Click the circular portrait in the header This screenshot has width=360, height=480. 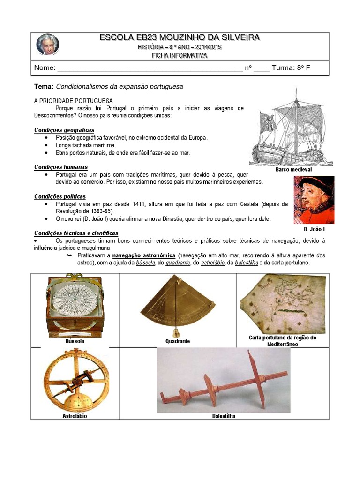point(47,45)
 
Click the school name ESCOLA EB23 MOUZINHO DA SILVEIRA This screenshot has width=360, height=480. point(179,37)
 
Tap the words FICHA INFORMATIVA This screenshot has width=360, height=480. point(179,55)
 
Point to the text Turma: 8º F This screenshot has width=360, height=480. point(291,67)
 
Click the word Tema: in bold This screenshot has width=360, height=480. point(44,87)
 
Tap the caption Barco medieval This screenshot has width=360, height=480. point(293,169)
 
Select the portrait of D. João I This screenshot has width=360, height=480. point(314,200)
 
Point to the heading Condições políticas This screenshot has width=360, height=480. point(60,196)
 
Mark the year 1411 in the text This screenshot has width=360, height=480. point(139,204)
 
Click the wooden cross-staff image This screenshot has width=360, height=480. point(224,380)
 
